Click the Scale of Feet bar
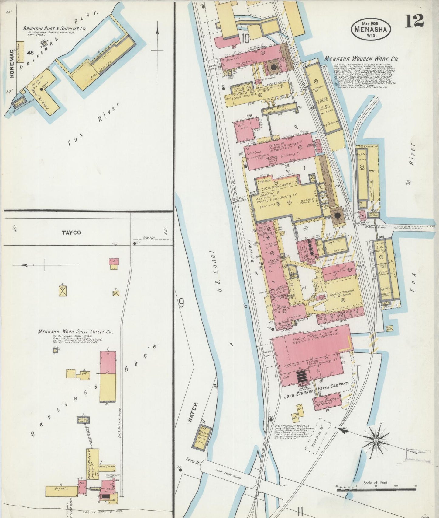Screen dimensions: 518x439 pyautogui.click(x=376, y=489)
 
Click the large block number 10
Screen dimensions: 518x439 pyautogui.click(x=245, y=38)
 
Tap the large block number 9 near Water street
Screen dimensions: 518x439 pyautogui.click(x=182, y=303)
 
